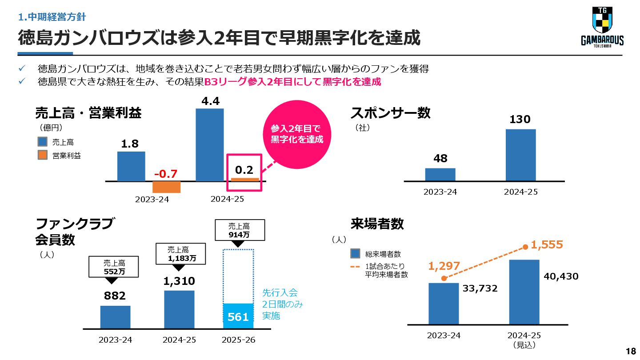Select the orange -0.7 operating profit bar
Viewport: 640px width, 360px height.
tap(166, 187)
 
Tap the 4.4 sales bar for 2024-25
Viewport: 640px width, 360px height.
tap(210, 145)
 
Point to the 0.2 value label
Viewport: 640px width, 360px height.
tap(244, 170)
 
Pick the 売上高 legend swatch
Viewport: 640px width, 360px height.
tap(43, 142)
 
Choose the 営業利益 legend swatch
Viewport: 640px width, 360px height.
tap(43, 156)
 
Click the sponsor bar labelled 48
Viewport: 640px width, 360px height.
tap(440, 175)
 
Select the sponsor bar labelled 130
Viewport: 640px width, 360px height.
tap(520, 155)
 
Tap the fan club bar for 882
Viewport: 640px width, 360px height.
tap(115, 317)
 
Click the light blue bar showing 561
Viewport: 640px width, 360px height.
tap(238, 316)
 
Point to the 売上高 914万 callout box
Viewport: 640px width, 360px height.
tap(239, 230)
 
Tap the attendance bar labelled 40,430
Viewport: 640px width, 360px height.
tap(524, 292)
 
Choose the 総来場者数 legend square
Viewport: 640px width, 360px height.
tap(355, 254)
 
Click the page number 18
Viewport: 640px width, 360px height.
tap(630, 352)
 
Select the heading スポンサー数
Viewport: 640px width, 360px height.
tap(390, 113)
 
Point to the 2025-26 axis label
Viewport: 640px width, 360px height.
tap(238, 340)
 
